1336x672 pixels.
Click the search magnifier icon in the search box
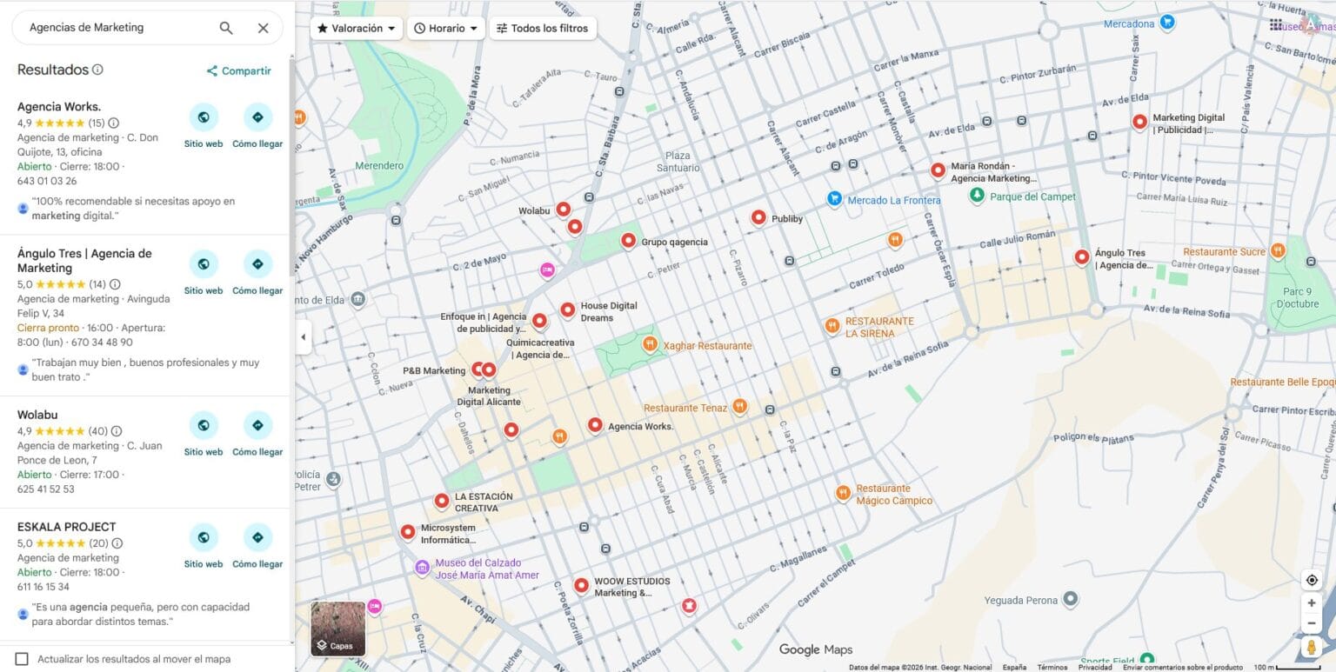pyautogui.click(x=226, y=28)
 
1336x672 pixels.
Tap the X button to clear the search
pyautogui.click(x=264, y=28)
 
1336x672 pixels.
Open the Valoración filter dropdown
pyautogui.click(x=357, y=28)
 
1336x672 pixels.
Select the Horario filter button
pyautogui.click(x=445, y=28)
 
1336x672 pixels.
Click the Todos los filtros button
pyautogui.click(x=543, y=28)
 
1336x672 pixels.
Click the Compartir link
pyautogui.click(x=238, y=71)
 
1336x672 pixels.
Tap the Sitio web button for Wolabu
pyautogui.click(x=204, y=426)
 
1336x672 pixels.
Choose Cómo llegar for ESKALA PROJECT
pyautogui.click(x=257, y=538)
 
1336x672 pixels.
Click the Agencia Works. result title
pyautogui.click(x=59, y=107)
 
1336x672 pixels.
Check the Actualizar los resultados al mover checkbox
pyautogui.click(x=22, y=659)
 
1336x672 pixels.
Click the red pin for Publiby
pyautogui.click(x=758, y=217)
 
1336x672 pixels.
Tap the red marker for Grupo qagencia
pyautogui.click(x=628, y=241)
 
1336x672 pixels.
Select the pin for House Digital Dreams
pyautogui.click(x=568, y=309)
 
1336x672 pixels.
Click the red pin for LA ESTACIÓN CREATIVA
pyautogui.click(x=442, y=501)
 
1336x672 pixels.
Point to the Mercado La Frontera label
pyautogui.click(x=893, y=201)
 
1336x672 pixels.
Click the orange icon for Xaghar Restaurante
pyautogui.click(x=650, y=344)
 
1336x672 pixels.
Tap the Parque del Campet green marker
pyautogui.click(x=977, y=196)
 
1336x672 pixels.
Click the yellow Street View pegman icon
pyautogui.click(x=1312, y=647)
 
